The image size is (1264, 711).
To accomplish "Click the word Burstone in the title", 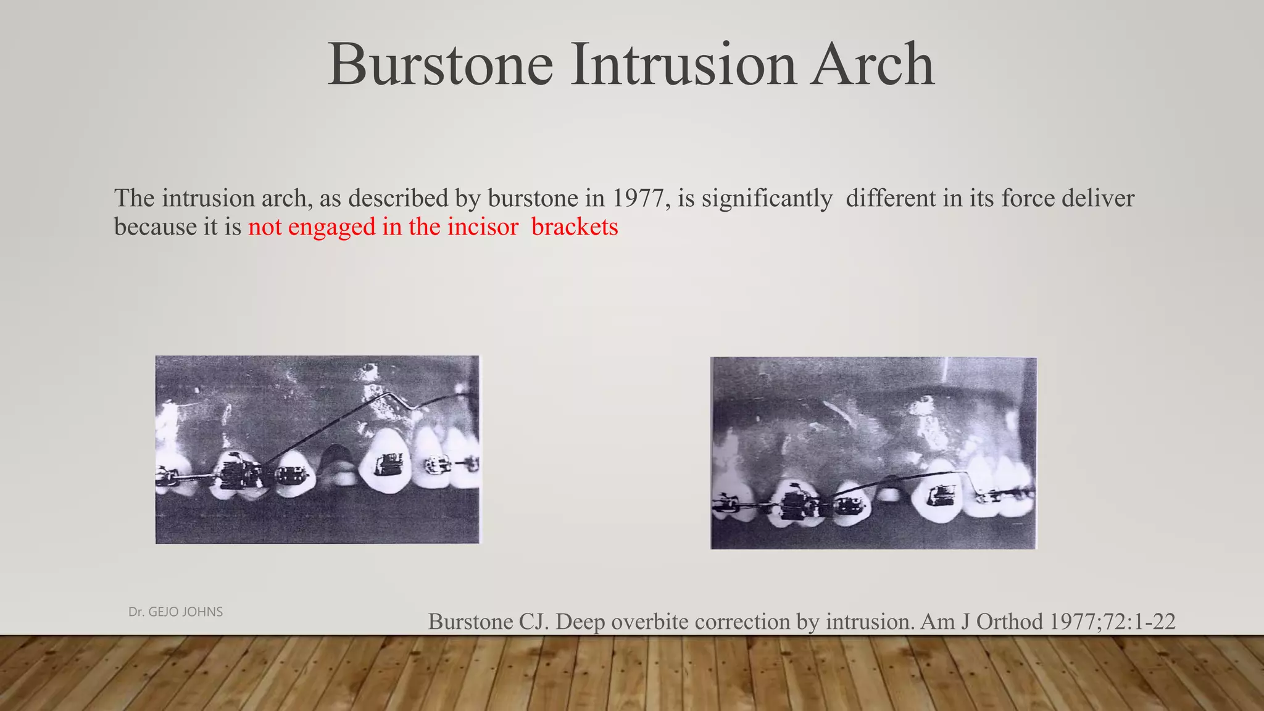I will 440,64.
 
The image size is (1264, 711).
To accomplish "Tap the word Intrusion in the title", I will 683,64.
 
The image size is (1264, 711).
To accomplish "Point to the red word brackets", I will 575,227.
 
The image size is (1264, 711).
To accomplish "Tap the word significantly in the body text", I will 767,198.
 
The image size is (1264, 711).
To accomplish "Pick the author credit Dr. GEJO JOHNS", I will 175,612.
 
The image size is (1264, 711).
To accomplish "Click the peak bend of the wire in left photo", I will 388,394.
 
